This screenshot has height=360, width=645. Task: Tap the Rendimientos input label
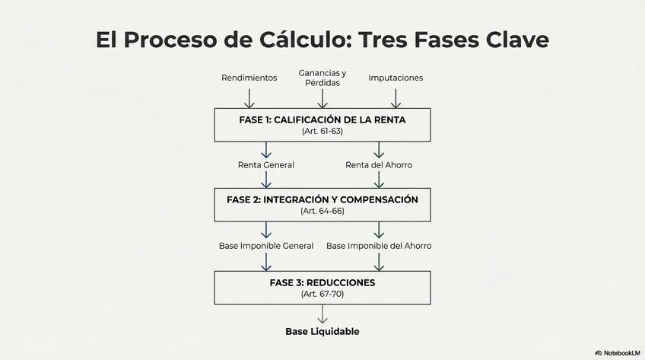(249, 78)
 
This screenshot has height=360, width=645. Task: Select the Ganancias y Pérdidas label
(322, 78)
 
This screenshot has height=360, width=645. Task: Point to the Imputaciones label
(396, 78)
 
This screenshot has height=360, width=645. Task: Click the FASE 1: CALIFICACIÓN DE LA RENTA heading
(322, 120)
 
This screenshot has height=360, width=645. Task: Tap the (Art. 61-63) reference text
(322, 132)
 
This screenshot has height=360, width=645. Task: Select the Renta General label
(265, 164)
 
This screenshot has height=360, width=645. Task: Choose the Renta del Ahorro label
(379, 164)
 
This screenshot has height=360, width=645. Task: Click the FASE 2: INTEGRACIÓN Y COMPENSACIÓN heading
(322, 199)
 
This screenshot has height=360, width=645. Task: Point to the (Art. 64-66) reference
(322, 211)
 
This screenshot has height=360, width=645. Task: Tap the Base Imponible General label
(265, 246)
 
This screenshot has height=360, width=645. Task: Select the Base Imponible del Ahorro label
(379, 246)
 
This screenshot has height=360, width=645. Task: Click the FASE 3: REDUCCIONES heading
(322, 282)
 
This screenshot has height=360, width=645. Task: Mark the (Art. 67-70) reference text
(322, 293)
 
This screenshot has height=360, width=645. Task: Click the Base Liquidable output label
(322, 332)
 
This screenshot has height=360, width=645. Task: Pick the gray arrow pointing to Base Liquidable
(322, 314)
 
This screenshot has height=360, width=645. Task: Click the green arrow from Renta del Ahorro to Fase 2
(379, 179)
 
